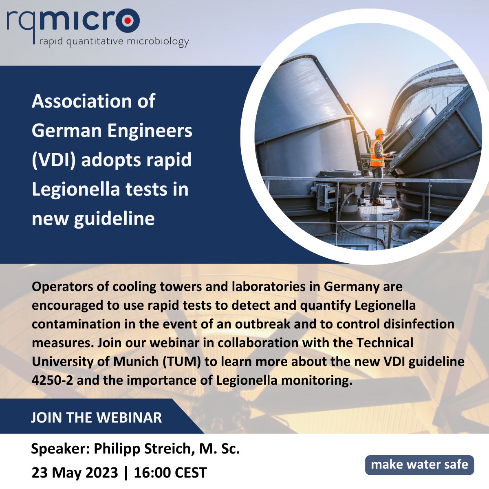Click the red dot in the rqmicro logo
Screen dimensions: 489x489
[127, 20]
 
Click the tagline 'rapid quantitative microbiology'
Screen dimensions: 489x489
[114, 42]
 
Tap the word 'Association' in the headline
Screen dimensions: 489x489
[81, 101]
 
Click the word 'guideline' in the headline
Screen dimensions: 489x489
[114, 219]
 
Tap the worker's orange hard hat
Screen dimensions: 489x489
[380, 132]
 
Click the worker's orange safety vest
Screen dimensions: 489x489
[376, 154]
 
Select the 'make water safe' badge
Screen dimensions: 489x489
[419, 465]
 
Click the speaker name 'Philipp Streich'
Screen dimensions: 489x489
[142, 449]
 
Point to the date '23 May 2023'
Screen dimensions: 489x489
[75, 473]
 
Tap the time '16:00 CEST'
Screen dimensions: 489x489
[170, 473]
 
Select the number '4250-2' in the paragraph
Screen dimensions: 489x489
[52, 380]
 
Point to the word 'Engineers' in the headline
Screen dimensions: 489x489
[150, 130]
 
